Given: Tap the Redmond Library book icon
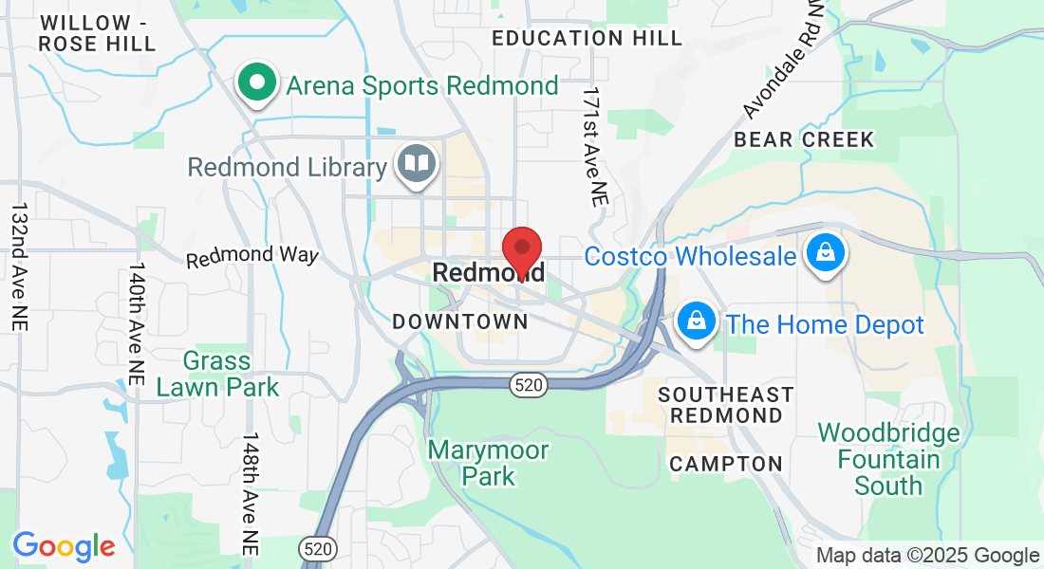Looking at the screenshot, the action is click(x=416, y=164).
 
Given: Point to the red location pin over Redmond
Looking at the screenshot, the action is click(x=521, y=249).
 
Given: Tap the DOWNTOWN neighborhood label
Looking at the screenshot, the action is click(x=460, y=321).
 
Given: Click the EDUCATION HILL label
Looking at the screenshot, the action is click(x=587, y=39).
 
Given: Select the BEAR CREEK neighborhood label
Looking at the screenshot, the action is click(x=804, y=140).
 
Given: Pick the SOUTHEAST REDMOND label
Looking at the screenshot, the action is click(x=726, y=405).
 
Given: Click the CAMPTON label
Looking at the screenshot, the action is click(x=726, y=465).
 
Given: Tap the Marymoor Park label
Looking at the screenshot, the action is click(x=488, y=462).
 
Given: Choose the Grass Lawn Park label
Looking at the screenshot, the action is click(x=217, y=374).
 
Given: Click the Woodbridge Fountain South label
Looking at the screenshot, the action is click(x=888, y=460).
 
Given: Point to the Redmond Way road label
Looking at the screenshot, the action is click(x=252, y=257).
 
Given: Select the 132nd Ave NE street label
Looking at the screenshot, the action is click(x=19, y=266).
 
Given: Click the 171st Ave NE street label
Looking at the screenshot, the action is click(x=595, y=146).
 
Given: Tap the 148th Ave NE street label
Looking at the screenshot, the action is click(x=250, y=494).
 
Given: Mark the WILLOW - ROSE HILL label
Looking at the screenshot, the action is click(x=99, y=33).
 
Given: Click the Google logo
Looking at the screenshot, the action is click(x=64, y=545).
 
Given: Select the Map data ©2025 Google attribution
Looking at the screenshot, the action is click(x=927, y=556).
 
